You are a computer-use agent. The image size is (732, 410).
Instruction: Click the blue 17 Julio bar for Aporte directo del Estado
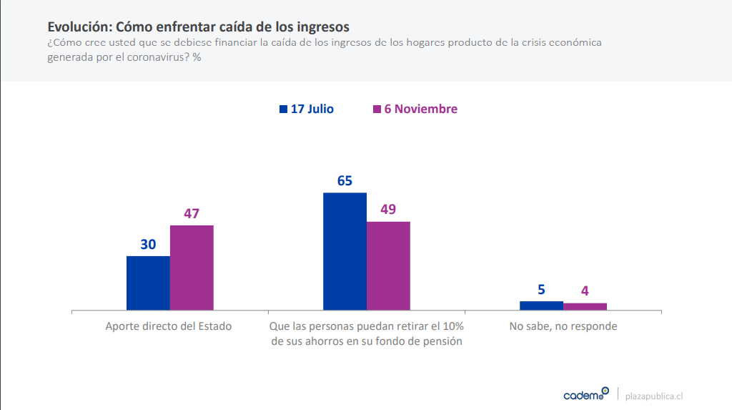[148, 283]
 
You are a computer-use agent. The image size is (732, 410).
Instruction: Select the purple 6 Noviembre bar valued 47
[192, 268]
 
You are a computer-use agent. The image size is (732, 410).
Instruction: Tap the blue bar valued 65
[345, 251]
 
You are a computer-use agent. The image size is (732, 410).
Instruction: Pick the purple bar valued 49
[388, 265]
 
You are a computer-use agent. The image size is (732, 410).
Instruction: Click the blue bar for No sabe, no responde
[541, 306]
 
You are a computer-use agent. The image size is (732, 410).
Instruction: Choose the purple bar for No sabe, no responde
[585, 306]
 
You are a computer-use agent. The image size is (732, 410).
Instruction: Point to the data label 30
[148, 244]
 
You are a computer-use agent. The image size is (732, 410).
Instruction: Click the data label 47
[192, 213]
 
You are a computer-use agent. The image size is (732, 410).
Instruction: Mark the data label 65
[345, 180]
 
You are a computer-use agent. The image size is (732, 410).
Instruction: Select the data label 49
[388, 210]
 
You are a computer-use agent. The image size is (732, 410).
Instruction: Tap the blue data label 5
[541, 290]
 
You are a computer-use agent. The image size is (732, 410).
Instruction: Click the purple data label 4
[585, 291]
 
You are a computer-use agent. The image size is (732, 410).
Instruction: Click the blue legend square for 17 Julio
[283, 109]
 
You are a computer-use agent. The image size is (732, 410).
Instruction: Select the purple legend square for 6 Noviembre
[377, 109]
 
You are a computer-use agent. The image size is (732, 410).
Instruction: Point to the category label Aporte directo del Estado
[169, 326]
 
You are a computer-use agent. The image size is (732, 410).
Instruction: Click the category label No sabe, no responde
[563, 326]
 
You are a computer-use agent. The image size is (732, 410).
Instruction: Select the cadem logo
[586, 394]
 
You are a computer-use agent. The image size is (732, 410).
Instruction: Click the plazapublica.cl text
[653, 396]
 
